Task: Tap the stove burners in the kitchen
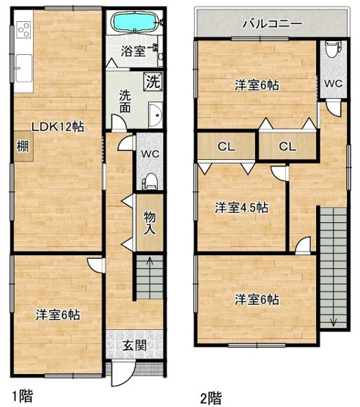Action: [x=23, y=30]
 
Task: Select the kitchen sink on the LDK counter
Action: [x=24, y=68]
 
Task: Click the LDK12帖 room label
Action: [x=58, y=127]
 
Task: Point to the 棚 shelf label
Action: [x=23, y=147]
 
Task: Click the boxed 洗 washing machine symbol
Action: [x=153, y=81]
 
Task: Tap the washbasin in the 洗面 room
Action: [x=155, y=115]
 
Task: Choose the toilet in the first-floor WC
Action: [x=150, y=181]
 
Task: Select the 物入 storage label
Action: [x=150, y=223]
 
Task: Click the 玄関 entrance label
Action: [x=134, y=345]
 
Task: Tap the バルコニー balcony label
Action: [x=273, y=24]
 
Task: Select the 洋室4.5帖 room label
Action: [x=242, y=208]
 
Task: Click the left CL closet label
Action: [x=227, y=147]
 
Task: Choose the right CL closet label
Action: [x=287, y=147]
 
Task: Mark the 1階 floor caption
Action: [x=23, y=396]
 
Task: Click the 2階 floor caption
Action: [x=211, y=398]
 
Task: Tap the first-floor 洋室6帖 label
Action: [x=58, y=315]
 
